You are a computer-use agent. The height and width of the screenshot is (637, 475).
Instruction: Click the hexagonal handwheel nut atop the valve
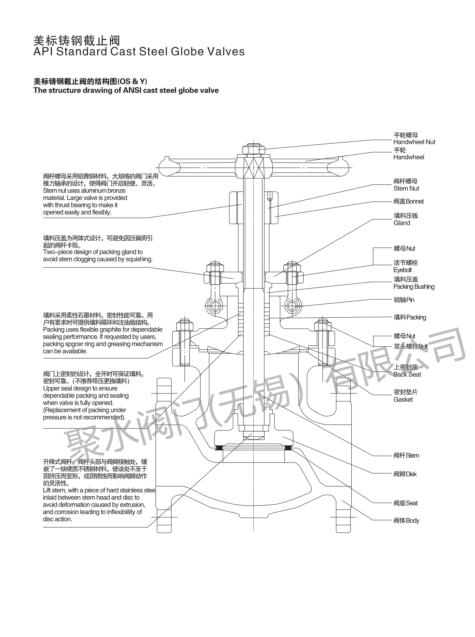pos(253,150)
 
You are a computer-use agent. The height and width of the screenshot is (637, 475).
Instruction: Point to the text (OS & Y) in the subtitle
pos(133,82)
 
